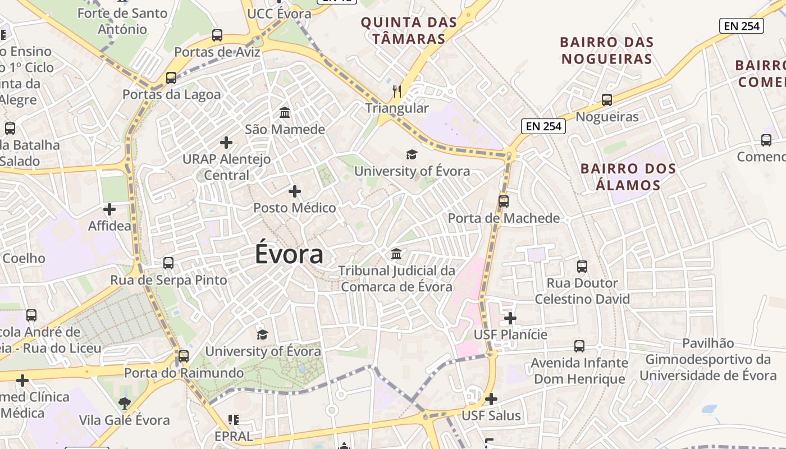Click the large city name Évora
coord(289,254)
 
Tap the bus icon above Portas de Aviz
coord(217,35)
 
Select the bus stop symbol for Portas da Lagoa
coord(171,78)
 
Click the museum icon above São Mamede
coord(285,113)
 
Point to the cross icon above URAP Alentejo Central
coord(226,143)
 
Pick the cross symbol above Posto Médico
coord(295,191)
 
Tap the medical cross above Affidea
coord(109,209)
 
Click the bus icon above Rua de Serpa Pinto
coord(168,263)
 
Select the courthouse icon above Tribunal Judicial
coord(396,254)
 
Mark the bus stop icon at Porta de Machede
coord(504,201)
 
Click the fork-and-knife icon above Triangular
coord(397,91)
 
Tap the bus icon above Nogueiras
coord(607,100)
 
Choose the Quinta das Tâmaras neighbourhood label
coord(409,30)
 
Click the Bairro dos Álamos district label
coord(628,176)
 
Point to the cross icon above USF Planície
coord(510,318)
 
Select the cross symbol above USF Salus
coord(491,399)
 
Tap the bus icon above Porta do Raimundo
coord(184,356)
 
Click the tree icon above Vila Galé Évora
coord(125,402)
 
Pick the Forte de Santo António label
coord(122,21)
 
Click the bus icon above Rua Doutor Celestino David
coord(582,266)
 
